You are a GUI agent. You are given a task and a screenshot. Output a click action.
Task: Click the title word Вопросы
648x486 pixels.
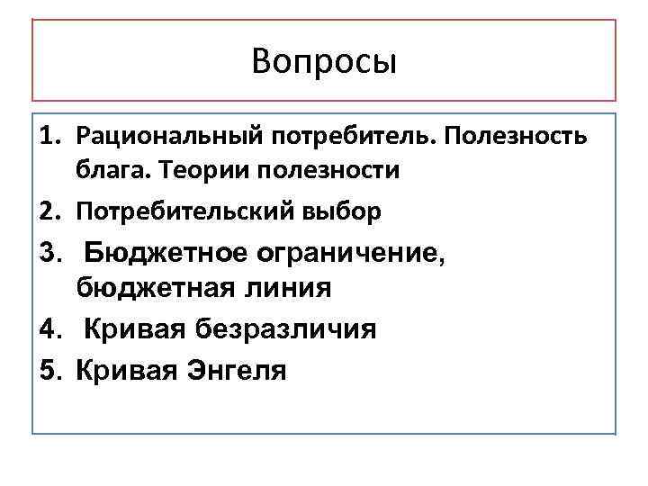(324, 62)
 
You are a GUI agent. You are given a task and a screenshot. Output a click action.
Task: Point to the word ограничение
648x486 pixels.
(347, 254)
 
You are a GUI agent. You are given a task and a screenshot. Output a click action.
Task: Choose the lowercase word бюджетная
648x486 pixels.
(148, 288)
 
